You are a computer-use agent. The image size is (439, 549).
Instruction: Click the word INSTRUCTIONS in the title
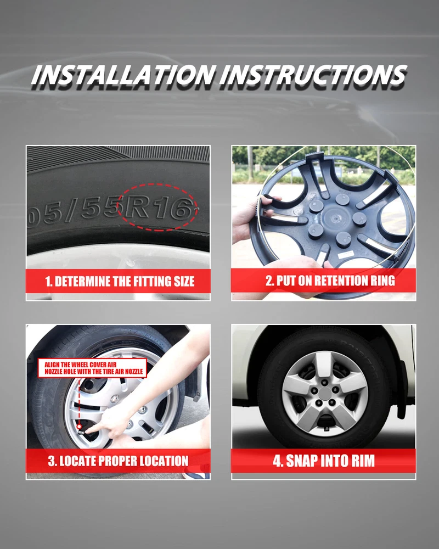(x=313, y=75)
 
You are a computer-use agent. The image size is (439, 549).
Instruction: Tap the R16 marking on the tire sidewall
(x=157, y=208)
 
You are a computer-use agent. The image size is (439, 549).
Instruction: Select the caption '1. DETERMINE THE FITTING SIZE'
(x=120, y=281)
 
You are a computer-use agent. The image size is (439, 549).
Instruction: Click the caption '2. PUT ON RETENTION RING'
(x=330, y=281)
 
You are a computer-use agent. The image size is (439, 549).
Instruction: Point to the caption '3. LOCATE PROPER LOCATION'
(x=119, y=461)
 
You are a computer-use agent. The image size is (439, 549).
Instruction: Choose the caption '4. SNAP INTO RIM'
(x=323, y=461)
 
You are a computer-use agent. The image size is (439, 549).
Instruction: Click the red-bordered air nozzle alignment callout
(x=92, y=368)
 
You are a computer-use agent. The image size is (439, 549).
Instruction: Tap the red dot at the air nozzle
(x=79, y=427)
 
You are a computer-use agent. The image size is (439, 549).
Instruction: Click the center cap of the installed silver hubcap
(x=325, y=394)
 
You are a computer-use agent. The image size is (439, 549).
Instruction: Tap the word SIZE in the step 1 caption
(x=184, y=281)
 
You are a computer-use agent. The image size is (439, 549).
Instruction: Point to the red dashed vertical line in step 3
(x=79, y=401)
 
